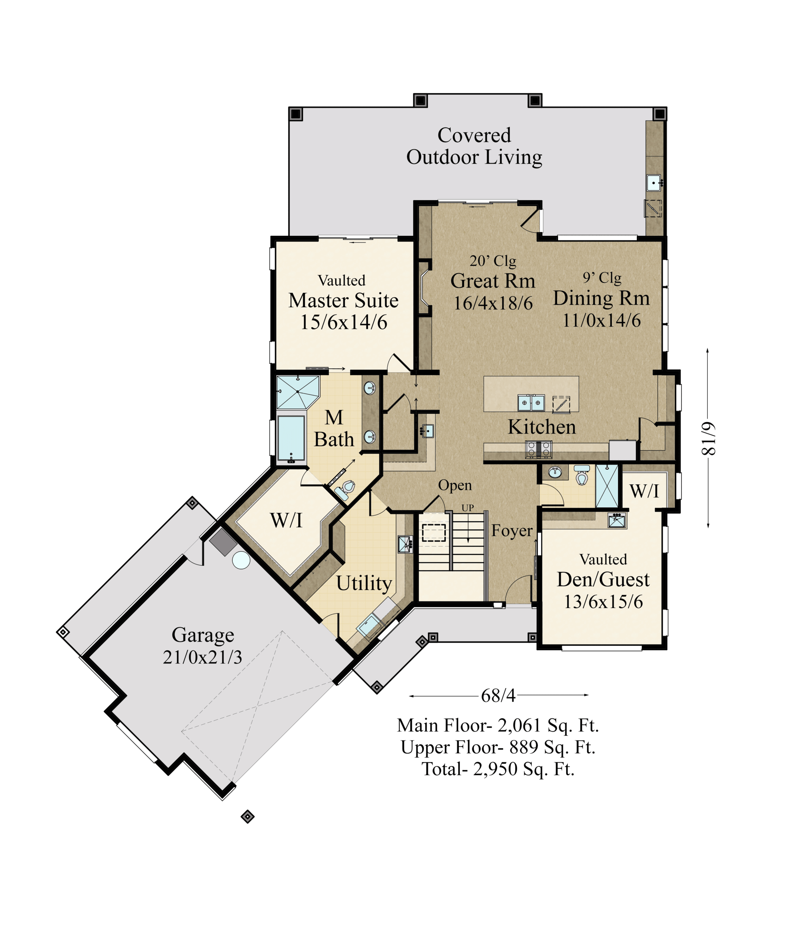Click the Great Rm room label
493,281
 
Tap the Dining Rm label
601,299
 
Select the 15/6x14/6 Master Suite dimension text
344,322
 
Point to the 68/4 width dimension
498,695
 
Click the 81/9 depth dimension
709,439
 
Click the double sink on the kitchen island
531,402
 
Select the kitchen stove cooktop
539,449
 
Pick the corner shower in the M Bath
297,392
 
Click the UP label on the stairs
468,508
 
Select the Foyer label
512,530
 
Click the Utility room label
364,583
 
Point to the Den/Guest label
603,580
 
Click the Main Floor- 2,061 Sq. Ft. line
498,725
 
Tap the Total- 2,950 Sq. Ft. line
498,769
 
